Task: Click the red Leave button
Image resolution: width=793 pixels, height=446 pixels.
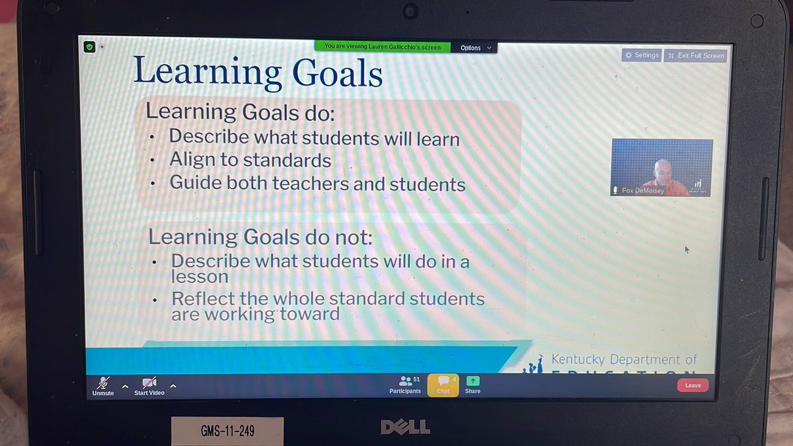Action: [x=693, y=385]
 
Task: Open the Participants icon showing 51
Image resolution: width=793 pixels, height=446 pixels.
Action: [x=405, y=381]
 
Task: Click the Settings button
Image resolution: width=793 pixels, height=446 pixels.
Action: [x=642, y=56]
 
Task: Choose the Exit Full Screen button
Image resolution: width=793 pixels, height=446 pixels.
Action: [x=696, y=56]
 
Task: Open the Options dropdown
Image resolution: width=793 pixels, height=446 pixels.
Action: [x=475, y=48]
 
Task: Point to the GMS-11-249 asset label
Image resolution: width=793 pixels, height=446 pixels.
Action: [x=227, y=431]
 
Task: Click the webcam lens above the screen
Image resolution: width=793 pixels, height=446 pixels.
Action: [x=410, y=11]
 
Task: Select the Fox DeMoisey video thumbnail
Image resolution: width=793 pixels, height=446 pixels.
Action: [x=661, y=167]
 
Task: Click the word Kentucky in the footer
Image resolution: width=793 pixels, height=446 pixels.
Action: [x=578, y=359]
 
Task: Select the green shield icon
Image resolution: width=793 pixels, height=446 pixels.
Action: [x=90, y=48]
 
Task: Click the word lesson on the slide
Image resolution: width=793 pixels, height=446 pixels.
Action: [x=200, y=278]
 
